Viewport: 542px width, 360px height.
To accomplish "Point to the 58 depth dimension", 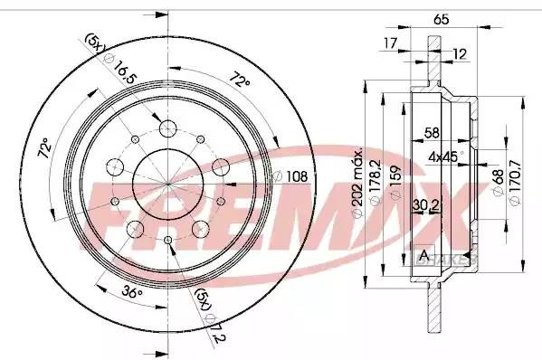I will pos(433,133).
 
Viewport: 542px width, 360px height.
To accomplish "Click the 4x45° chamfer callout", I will pos(444,156).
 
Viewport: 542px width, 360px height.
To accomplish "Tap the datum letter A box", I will pos(423,251).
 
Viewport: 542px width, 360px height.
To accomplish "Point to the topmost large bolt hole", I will pos(169,128).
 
